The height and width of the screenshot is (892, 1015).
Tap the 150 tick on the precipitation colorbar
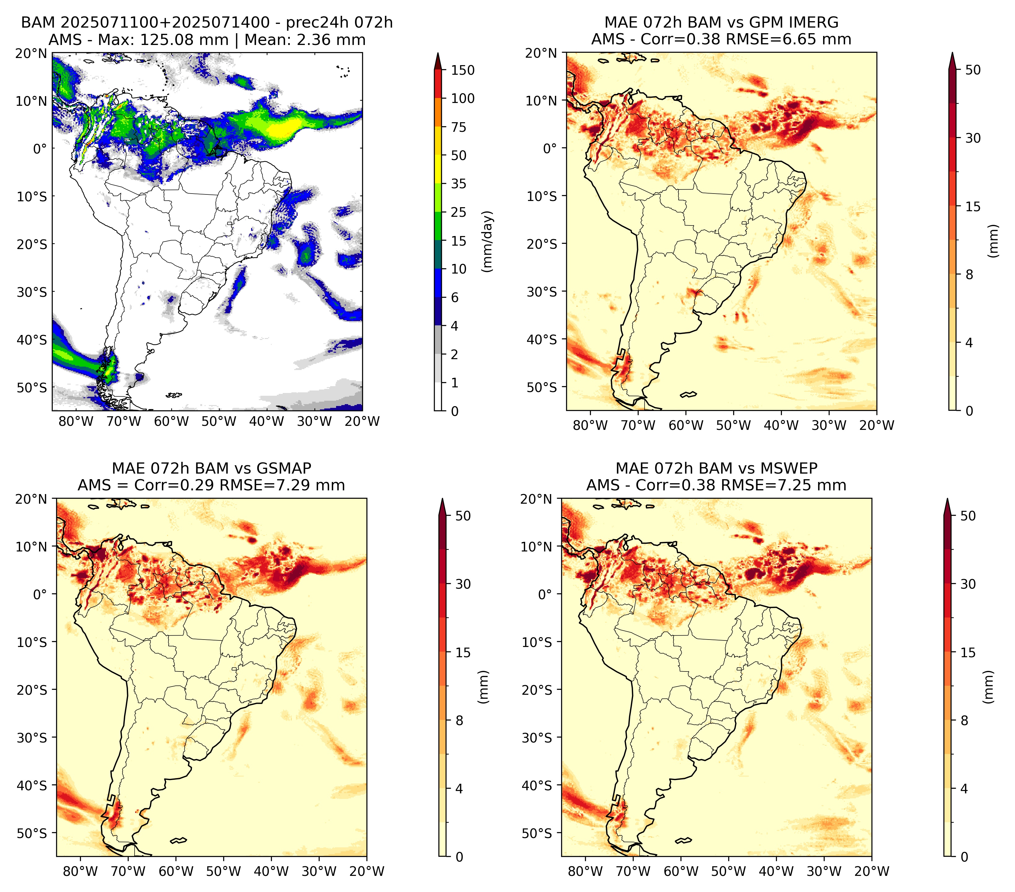[x=463, y=70]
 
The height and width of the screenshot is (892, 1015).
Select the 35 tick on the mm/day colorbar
[x=459, y=184]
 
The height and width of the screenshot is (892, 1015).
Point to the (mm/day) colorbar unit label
[x=489, y=241]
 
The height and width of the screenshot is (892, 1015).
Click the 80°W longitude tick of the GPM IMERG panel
[x=590, y=425]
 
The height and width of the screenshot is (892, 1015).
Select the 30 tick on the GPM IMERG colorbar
[x=973, y=138]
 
